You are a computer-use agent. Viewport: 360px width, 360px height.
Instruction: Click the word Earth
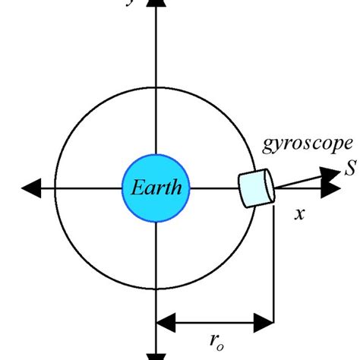coord(155,188)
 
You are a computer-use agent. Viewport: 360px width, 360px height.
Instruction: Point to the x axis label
coord(299,214)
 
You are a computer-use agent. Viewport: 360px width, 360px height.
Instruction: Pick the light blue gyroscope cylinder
coord(255,188)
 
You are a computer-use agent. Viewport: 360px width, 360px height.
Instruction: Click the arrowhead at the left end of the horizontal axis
coord(34,188)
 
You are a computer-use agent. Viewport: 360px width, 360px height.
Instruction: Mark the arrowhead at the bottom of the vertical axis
coord(155,355)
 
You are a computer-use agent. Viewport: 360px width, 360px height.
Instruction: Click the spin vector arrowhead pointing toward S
coord(330,174)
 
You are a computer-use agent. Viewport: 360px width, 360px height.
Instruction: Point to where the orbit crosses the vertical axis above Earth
coord(155,86)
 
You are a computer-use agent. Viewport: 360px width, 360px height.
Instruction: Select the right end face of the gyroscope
coord(267,186)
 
